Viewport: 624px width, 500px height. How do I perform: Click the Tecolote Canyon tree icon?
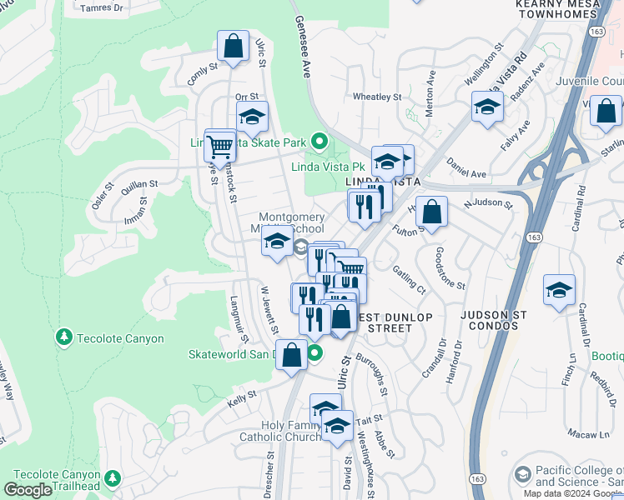(x=63, y=337)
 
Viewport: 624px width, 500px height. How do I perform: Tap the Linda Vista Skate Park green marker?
(x=318, y=142)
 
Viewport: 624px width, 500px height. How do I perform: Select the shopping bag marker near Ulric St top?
(x=233, y=47)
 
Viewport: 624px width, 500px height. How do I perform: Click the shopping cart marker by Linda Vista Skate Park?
(x=219, y=146)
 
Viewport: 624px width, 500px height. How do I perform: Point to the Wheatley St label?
(x=377, y=97)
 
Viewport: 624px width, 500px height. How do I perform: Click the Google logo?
(x=28, y=490)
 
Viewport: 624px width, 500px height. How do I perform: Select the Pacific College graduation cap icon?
(x=522, y=474)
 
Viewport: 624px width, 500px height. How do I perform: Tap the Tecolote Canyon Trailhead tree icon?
(x=111, y=480)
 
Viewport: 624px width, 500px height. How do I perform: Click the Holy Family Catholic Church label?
(x=279, y=431)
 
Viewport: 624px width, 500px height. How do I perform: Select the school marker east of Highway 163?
(x=559, y=290)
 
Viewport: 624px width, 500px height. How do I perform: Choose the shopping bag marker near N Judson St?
(x=431, y=212)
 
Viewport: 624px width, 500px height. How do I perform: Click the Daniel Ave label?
(x=465, y=167)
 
